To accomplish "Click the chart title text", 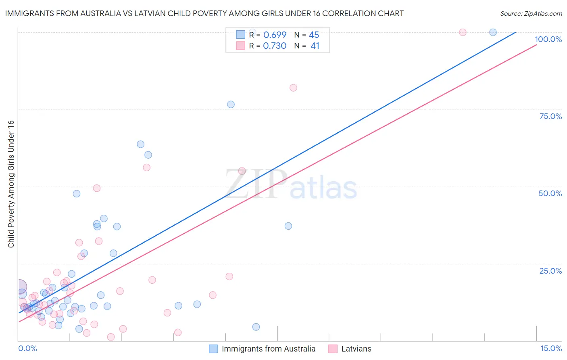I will coord(204,13).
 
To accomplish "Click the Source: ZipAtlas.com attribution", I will coord(531,13).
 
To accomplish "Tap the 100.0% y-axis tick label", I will coord(548,39).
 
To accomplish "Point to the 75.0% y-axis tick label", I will coord(550,116).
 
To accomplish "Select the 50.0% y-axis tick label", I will coord(550,193).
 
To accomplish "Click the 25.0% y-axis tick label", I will coord(550,270).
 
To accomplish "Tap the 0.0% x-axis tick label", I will coord(27,348).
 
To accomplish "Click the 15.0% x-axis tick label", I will coord(551,348).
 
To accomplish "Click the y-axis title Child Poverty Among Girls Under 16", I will coord(11,184).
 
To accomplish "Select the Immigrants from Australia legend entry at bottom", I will coord(268,349).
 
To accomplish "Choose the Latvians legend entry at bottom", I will coord(356,349).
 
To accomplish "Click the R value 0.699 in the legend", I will coord(275,35).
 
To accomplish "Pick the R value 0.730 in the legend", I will coord(275,46).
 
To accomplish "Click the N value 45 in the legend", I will coord(314,35).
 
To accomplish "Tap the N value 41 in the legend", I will coord(315,46).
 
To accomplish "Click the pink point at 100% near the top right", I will coord(463,32).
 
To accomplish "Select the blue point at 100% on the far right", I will coord(493,32).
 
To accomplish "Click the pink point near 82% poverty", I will coord(293,88).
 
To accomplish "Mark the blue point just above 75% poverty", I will coord(231,105).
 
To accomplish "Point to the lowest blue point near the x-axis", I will coord(256,327).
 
